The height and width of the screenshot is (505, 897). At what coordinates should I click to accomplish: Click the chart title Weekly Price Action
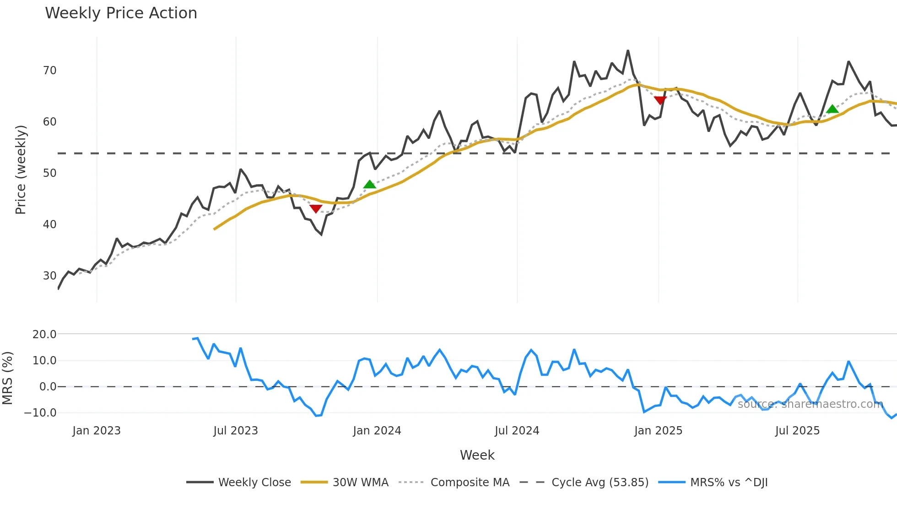(121, 13)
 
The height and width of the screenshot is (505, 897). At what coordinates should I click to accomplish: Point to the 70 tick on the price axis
(50, 71)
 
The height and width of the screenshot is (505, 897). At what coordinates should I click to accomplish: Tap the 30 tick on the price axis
(50, 276)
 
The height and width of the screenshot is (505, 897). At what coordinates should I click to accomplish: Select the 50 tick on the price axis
(50, 173)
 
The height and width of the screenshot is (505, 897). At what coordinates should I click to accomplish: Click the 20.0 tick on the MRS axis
(44, 335)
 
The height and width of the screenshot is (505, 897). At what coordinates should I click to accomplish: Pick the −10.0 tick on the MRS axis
(41, 413)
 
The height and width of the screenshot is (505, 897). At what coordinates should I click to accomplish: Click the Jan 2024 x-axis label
(377, 431)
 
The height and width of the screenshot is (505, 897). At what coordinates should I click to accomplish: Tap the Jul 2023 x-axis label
(236, 431)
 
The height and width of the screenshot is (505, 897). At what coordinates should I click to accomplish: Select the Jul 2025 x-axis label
(797, 431)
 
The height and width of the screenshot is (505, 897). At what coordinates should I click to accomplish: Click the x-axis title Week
(477, 455)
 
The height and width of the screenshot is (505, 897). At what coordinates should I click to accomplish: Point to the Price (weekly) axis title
(21, 170)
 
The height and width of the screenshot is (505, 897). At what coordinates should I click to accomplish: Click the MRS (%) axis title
(7, 378)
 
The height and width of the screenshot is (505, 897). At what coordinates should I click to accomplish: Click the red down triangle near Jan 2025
(660, 100)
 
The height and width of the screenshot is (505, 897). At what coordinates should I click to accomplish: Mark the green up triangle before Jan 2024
(369, 184)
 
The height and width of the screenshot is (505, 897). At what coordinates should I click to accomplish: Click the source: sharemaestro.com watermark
(810, 404)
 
